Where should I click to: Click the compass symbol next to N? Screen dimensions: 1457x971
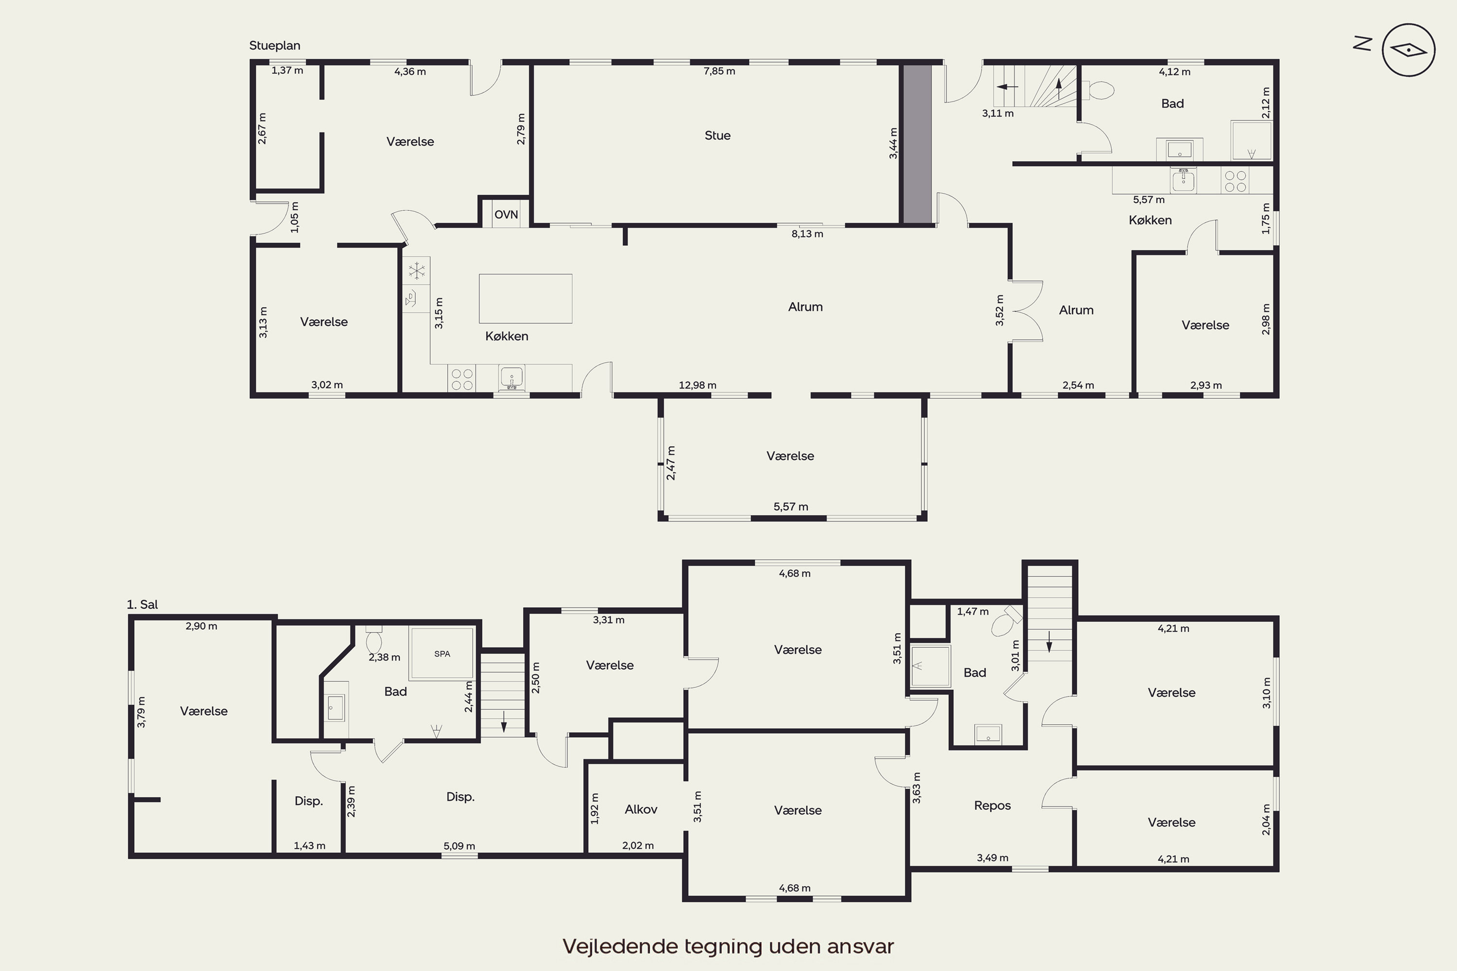tap(1409, 50)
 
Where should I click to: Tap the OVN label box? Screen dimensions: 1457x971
tap(506, 214)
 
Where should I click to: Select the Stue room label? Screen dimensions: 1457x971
tap(717, 135)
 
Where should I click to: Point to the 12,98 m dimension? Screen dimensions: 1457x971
tap(697, 385)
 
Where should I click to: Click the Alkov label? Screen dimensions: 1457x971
tap(641, 809)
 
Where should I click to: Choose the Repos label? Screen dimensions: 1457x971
tap(992, 805)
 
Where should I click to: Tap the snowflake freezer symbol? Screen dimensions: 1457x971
tap(417, 270)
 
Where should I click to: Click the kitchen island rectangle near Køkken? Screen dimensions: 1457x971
tap(525, 299)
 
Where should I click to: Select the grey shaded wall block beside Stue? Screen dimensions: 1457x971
tap(917, 144)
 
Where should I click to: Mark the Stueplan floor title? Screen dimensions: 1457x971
tap(274, 45)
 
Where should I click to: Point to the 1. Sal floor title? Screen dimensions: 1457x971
tap(142, 604)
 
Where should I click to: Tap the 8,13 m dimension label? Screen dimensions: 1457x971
tap(807, 234)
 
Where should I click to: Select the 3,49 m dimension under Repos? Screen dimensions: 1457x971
tap(992, 858)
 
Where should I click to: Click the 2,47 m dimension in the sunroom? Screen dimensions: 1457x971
tap(671, 463)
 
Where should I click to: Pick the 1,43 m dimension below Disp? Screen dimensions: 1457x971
tap(309, 846)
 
